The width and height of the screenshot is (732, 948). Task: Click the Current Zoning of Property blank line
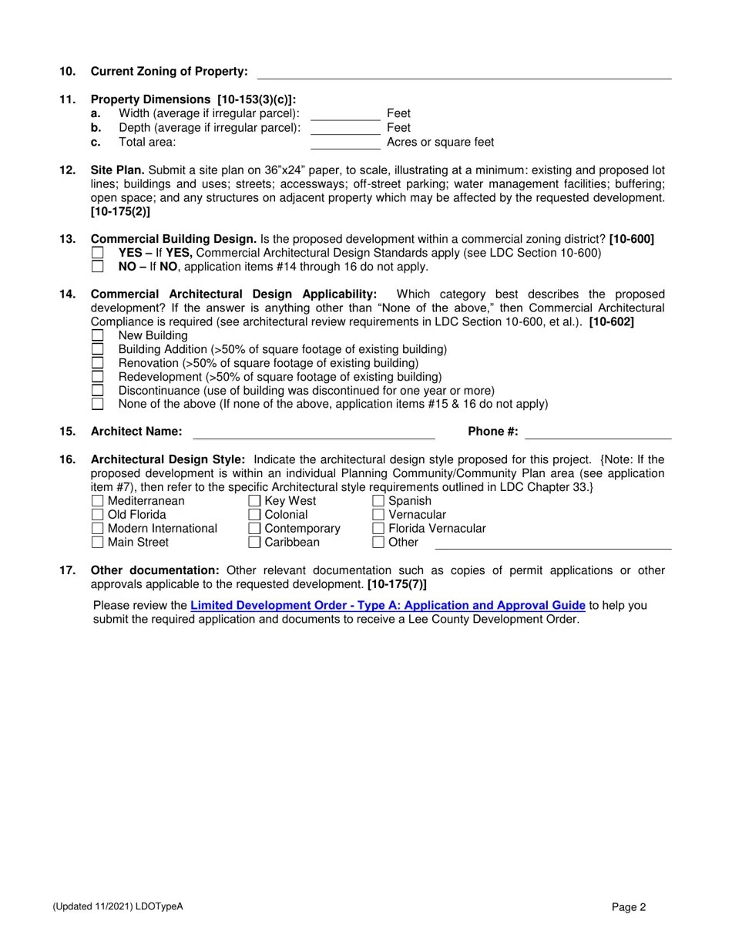click(464, 74)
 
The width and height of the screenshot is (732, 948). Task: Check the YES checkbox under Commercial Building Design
click(97, 253)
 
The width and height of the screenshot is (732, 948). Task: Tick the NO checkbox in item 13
click(97, 267)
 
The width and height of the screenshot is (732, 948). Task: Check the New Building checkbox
click(97, 335)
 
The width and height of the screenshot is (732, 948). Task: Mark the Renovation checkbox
click(97, 363)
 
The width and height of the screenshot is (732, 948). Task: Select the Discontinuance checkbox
click(97, 391)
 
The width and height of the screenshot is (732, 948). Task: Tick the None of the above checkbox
click(97, 404)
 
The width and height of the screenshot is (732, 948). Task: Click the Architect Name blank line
click(314, 433)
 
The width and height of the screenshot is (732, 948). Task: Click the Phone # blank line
click(598, 433)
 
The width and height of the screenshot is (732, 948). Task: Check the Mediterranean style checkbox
click(97, 501)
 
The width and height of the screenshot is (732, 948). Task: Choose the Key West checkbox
click(254, 501)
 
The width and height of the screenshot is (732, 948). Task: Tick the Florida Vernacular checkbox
click(378, 529)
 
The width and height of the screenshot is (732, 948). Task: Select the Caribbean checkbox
click(254, 543)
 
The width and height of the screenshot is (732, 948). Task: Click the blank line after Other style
click(553, 544)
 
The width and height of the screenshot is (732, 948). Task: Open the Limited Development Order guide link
click(388, 606)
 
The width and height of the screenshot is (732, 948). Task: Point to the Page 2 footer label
click(629, 907)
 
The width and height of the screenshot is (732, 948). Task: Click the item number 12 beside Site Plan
click(67, 170)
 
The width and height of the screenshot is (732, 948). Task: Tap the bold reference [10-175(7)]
click(397, 584)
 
